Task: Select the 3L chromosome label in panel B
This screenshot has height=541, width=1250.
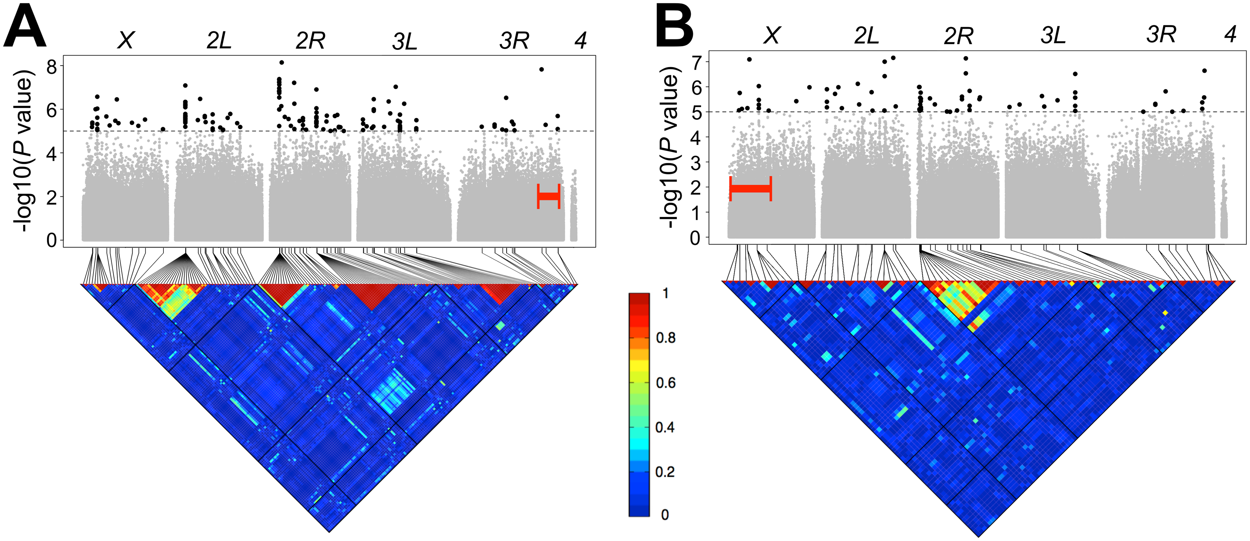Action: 1053,35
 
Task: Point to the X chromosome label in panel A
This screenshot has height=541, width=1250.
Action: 126,41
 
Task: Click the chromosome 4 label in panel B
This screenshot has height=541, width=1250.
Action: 1230,34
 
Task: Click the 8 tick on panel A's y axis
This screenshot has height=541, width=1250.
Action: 51,66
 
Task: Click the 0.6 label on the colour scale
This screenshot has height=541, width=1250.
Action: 666,383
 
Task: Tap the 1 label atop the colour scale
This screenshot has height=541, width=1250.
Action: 666,293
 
